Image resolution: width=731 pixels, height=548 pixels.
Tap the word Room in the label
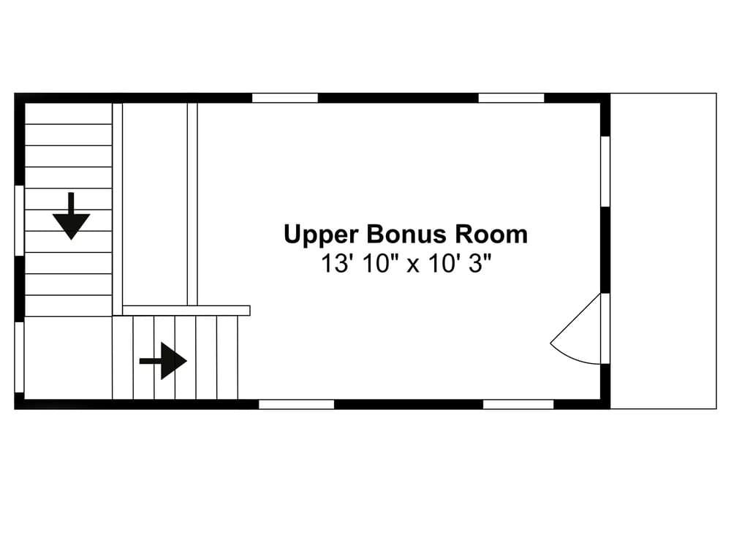[491, 235]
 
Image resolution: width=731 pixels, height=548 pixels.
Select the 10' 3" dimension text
[458, 264]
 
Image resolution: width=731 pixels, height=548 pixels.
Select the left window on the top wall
[285, 98]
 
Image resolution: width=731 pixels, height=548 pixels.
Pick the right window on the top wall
[511, 98]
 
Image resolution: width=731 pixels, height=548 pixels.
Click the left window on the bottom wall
[296, 404]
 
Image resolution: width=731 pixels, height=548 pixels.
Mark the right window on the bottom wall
[518, 404]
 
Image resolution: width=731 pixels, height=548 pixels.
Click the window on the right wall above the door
[605, 171]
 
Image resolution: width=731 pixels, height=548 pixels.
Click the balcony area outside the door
[663, 251]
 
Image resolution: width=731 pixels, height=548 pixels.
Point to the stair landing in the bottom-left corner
[68, 358]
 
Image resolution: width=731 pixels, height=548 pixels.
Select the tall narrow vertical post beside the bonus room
[192, 204]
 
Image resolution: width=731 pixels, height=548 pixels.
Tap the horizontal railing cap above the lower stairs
[186, 311]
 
